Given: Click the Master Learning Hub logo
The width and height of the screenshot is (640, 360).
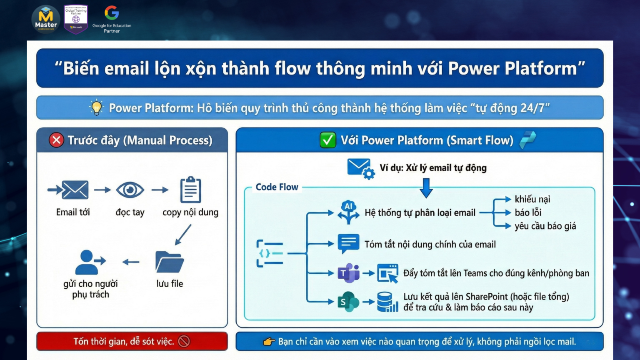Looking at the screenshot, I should click(x=46, y=19).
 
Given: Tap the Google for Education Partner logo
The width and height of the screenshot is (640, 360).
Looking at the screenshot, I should click(x=112, y=19).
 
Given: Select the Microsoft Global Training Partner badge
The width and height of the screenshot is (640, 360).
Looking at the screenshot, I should click(x=76, y=19).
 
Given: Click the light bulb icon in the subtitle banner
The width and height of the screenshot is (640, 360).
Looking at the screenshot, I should click(x=97, y=108).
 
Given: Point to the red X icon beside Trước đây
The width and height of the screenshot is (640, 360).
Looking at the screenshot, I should click(x=56, y=140).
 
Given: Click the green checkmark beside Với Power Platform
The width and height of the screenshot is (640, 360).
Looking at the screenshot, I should click(x=327, y=140).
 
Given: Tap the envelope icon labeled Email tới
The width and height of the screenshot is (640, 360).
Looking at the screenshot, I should click(x=75, y=190).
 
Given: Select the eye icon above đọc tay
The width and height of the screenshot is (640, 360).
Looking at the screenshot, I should click(x=130, y=190).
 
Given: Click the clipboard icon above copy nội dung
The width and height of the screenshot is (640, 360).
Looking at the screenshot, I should click(x=190, y=190).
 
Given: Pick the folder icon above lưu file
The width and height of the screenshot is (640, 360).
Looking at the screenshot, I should click(x=169, y=262).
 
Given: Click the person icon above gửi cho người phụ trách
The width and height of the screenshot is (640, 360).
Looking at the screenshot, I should click(x=89, y=262).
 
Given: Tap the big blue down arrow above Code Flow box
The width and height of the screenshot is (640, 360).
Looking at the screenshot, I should click(x=426, y=188).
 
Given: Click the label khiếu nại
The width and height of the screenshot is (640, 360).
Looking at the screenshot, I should click(x=532, y=199).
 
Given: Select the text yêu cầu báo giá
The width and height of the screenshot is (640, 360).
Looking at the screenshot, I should click(x=545, y=226).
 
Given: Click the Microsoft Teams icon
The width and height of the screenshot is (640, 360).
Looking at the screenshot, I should click(x=348, y=273).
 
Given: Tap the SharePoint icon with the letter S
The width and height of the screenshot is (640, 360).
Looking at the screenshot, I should click(x=348, y=301).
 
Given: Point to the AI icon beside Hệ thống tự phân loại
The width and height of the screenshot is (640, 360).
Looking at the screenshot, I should click(x=348, y=212).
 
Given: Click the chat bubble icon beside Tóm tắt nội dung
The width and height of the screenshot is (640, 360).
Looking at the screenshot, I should click(x=348, y=243).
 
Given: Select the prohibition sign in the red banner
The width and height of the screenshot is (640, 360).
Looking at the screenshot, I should click(x=184, y=341).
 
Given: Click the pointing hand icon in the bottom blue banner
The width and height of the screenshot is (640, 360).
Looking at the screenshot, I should click(x=269, y=342).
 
